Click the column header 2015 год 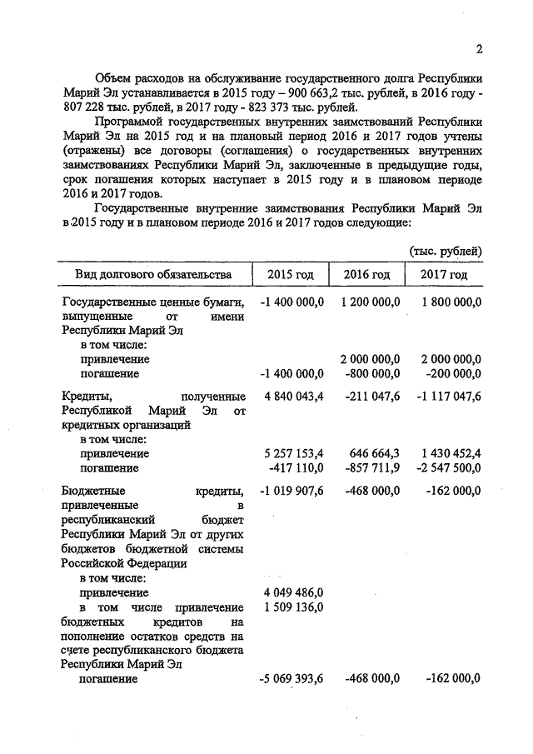coord(291,275)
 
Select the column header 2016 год coord(366,275)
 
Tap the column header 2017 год coord(445,275)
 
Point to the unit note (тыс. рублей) coord(446,251)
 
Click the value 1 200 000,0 coord(371,302)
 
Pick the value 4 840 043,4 coord(293,396)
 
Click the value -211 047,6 coord(372,396)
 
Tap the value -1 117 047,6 coord(448,396)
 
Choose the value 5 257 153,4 coord(293,454)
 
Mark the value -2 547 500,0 coord(448,468)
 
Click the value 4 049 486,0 coord(293,592)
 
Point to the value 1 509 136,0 coord(293,607)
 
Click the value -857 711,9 coord(372,468)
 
